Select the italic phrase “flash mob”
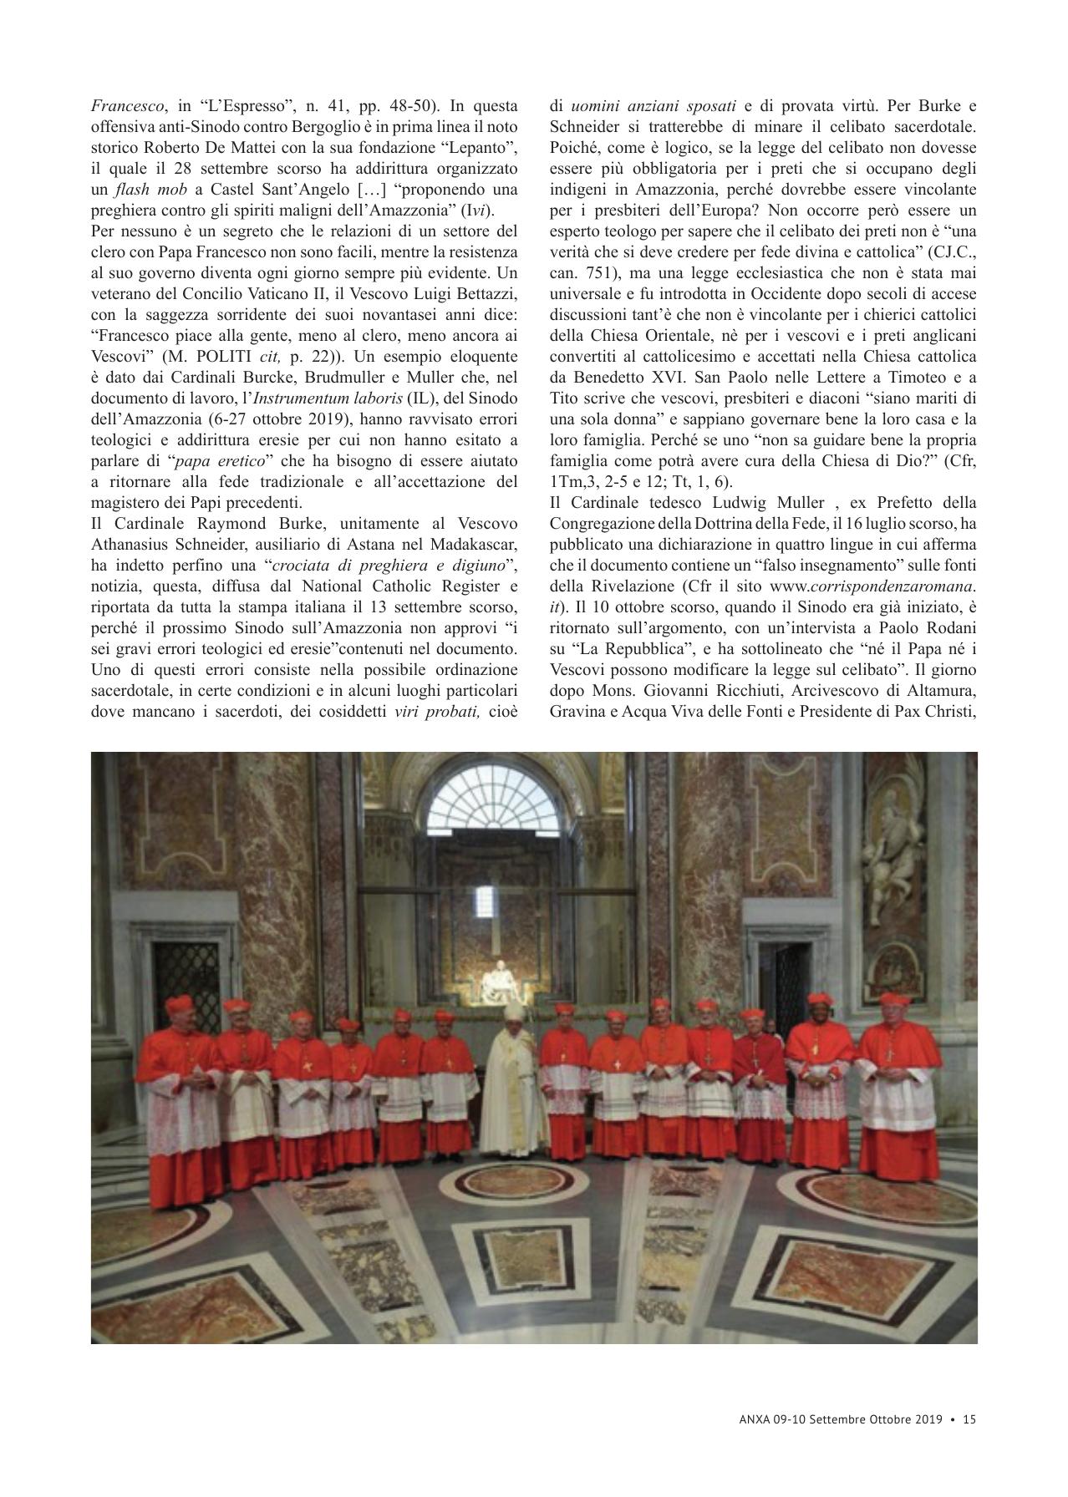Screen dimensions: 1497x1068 point(140,190)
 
